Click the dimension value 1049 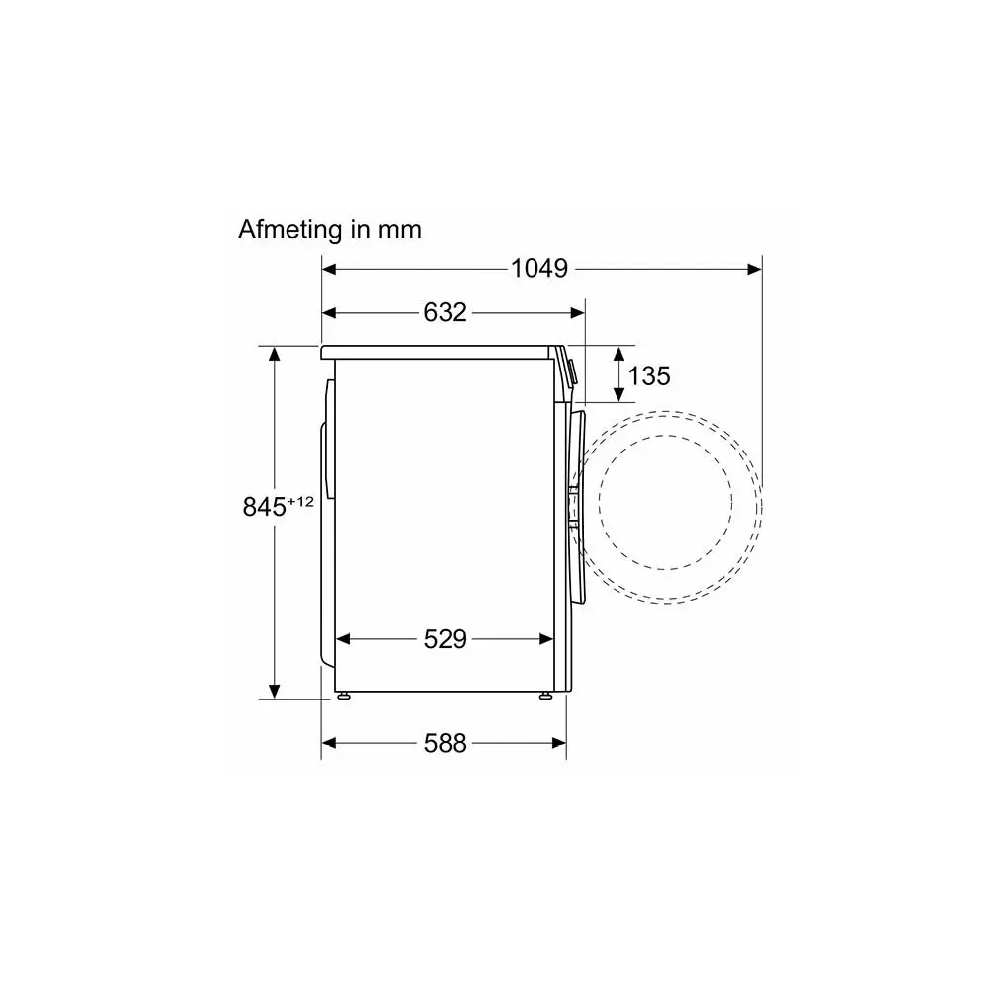tap(538, 269)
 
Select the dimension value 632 tap(445, 312)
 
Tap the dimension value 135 tap(649, 376)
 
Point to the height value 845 tap(265, 507)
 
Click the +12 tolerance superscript tap(300, 502)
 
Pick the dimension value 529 tap(445, 639)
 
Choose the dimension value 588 tap(445, 744)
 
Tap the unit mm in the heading tap(399, 232)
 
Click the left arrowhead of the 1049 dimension tap(328, 269)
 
